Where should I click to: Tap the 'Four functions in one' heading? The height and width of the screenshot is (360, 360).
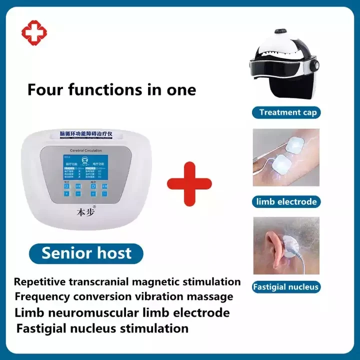click(111, 90)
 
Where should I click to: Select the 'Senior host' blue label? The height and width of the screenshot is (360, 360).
click(86, 252)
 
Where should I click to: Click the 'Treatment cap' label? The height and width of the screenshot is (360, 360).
click(287, 112)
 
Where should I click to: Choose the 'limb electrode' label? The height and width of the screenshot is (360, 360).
click(286, 202)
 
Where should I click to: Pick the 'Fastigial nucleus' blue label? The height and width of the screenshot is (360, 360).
click(285, 287)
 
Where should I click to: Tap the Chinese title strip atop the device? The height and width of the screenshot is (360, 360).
click(85, 135)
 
